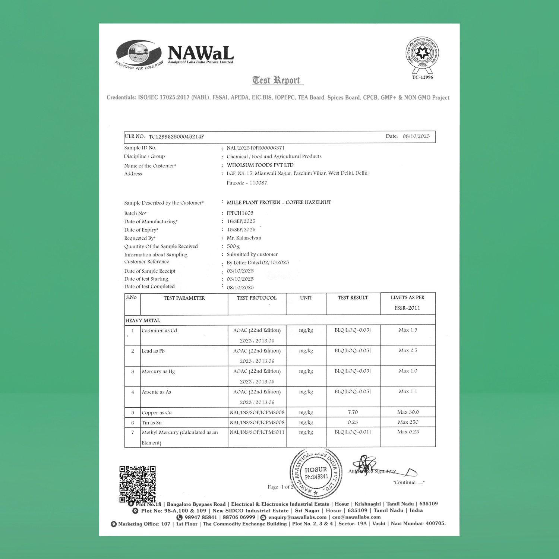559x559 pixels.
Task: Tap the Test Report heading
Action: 276,80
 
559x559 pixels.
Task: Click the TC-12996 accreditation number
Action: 422,77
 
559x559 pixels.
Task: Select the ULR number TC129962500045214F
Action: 176,137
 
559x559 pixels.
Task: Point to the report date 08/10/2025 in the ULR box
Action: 416,136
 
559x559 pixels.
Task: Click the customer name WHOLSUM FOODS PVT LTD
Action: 260,165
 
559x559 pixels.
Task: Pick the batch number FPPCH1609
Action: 240,213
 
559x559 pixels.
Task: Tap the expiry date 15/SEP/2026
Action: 241,230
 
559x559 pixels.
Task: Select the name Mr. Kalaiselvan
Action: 244,238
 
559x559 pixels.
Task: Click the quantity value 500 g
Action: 233,246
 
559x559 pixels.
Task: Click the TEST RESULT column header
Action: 353,298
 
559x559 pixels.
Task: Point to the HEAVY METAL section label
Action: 143,320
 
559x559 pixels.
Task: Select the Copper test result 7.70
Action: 353,412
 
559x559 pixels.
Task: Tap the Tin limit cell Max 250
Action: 408,422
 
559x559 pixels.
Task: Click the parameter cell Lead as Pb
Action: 153,351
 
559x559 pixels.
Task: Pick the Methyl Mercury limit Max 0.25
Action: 408,432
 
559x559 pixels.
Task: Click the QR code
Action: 138,484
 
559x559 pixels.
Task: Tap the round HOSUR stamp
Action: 316,473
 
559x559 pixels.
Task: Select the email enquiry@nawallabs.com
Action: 297,517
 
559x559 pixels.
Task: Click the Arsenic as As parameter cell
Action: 157,392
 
